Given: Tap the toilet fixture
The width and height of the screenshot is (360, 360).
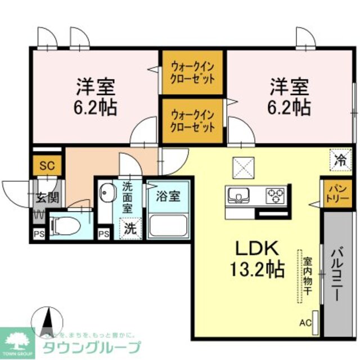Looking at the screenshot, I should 63,226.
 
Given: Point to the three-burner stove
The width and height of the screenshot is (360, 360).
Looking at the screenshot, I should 276,195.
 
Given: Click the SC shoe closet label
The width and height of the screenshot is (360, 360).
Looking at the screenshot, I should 46,166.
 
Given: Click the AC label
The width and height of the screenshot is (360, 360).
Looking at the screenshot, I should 304,323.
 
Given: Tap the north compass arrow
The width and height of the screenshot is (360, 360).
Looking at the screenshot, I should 47,319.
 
